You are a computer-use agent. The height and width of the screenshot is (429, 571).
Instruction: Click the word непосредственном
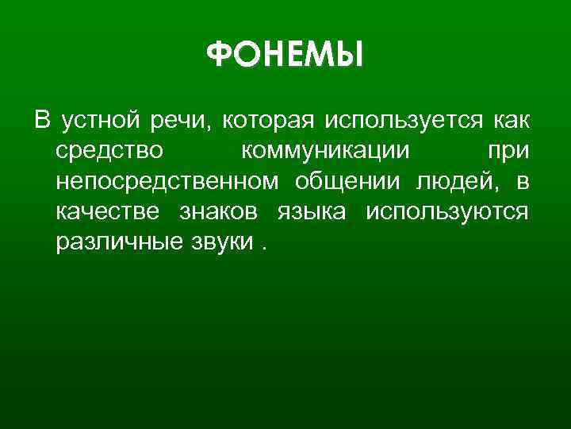click(x=167, y=181)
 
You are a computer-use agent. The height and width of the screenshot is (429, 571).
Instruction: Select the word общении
click(x=351, y=181)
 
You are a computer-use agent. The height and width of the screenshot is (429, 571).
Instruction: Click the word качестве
click(x=106, y=211)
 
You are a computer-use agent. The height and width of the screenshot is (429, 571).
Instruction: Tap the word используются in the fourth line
click(x=447, y=211)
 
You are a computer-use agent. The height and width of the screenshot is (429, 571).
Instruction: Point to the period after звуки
click(x=263, y=246)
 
